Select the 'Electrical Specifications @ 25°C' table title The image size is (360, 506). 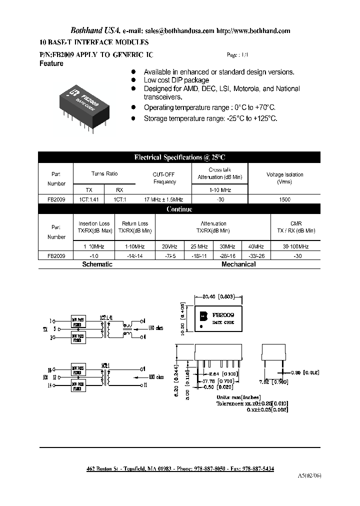click(x=179, y=157)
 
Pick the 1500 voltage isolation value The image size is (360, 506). click(x=284, y=199)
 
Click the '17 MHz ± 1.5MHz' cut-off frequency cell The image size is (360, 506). click(x=164, y=199)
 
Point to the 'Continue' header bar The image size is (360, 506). click(x=179, y=209)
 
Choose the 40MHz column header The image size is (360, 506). click(x=255, y=247)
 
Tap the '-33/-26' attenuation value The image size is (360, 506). click(x=255, y=255)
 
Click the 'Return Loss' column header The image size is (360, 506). click(x=135, y=223)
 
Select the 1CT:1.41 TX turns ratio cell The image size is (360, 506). click(x=88, y=199)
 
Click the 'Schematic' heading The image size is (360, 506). click(x=97, y=264)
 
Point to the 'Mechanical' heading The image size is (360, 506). click(x=238, y=264)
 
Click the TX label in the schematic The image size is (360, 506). click(x=45, y=329)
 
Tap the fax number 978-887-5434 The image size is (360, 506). click(x=256, y=468)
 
